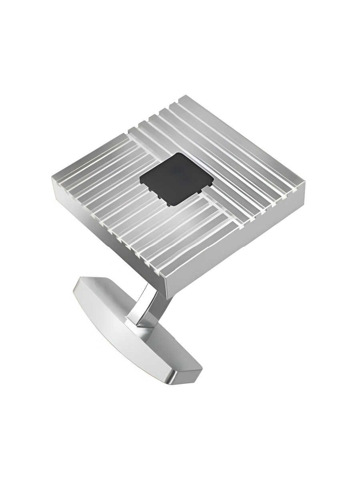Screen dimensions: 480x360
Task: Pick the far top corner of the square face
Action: pyautogui.click(x=185, y=96)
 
